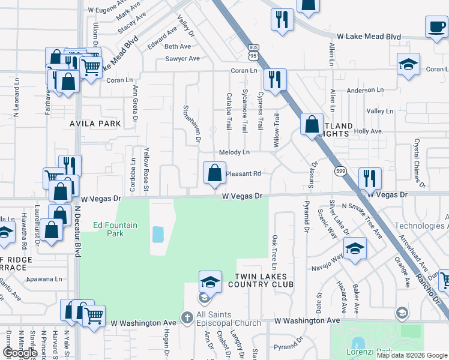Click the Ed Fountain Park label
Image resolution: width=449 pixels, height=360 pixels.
tap(115, 229)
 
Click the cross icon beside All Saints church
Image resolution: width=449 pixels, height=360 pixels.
tap(187, 316)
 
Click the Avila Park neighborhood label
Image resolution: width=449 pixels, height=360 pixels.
tap(95, 124)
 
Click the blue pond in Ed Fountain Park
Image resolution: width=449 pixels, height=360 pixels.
tap(158, 234)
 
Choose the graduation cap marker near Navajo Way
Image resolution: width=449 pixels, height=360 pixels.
tap(355, 249)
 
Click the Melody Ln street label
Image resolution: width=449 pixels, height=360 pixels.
tap(234, 153)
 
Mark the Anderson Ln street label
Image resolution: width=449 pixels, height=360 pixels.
tap(360, 91)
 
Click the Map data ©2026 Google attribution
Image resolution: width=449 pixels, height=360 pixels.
tap(411, 355)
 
